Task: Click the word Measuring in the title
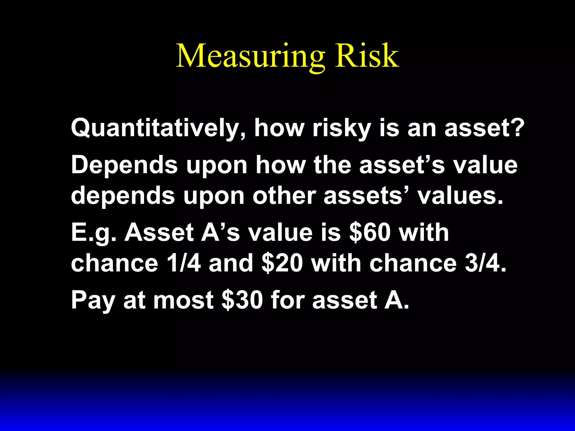[x=250, y=56]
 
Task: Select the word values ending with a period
[x=460, y=196]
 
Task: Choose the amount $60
[x=370, y=232]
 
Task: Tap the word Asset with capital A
[x=159, y=232]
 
